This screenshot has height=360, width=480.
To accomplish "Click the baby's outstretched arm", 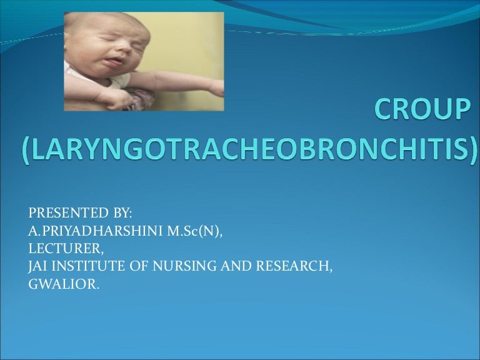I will click(x=187, y=84).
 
